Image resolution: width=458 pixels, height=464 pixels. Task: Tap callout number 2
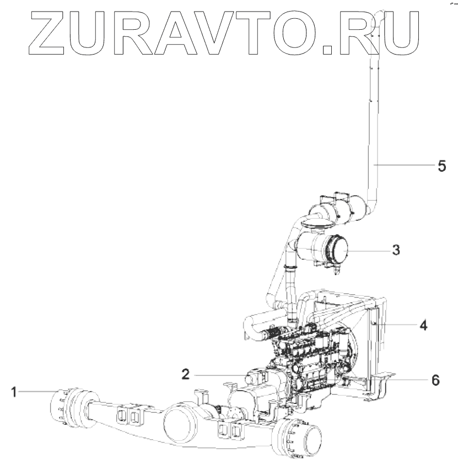point(186,374)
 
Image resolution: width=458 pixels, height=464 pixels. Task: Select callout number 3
point(395,250)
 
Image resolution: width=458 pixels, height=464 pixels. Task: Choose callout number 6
point(435,380)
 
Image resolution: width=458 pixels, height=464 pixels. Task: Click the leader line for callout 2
point(220,375)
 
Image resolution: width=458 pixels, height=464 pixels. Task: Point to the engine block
point(309,358)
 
